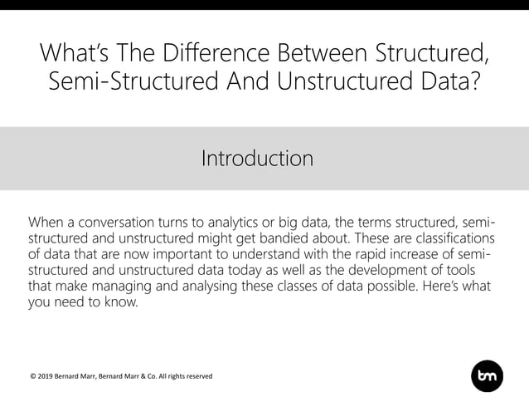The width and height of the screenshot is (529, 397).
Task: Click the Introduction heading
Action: coord(257,158)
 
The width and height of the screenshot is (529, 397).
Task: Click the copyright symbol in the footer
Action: coord(32,376)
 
